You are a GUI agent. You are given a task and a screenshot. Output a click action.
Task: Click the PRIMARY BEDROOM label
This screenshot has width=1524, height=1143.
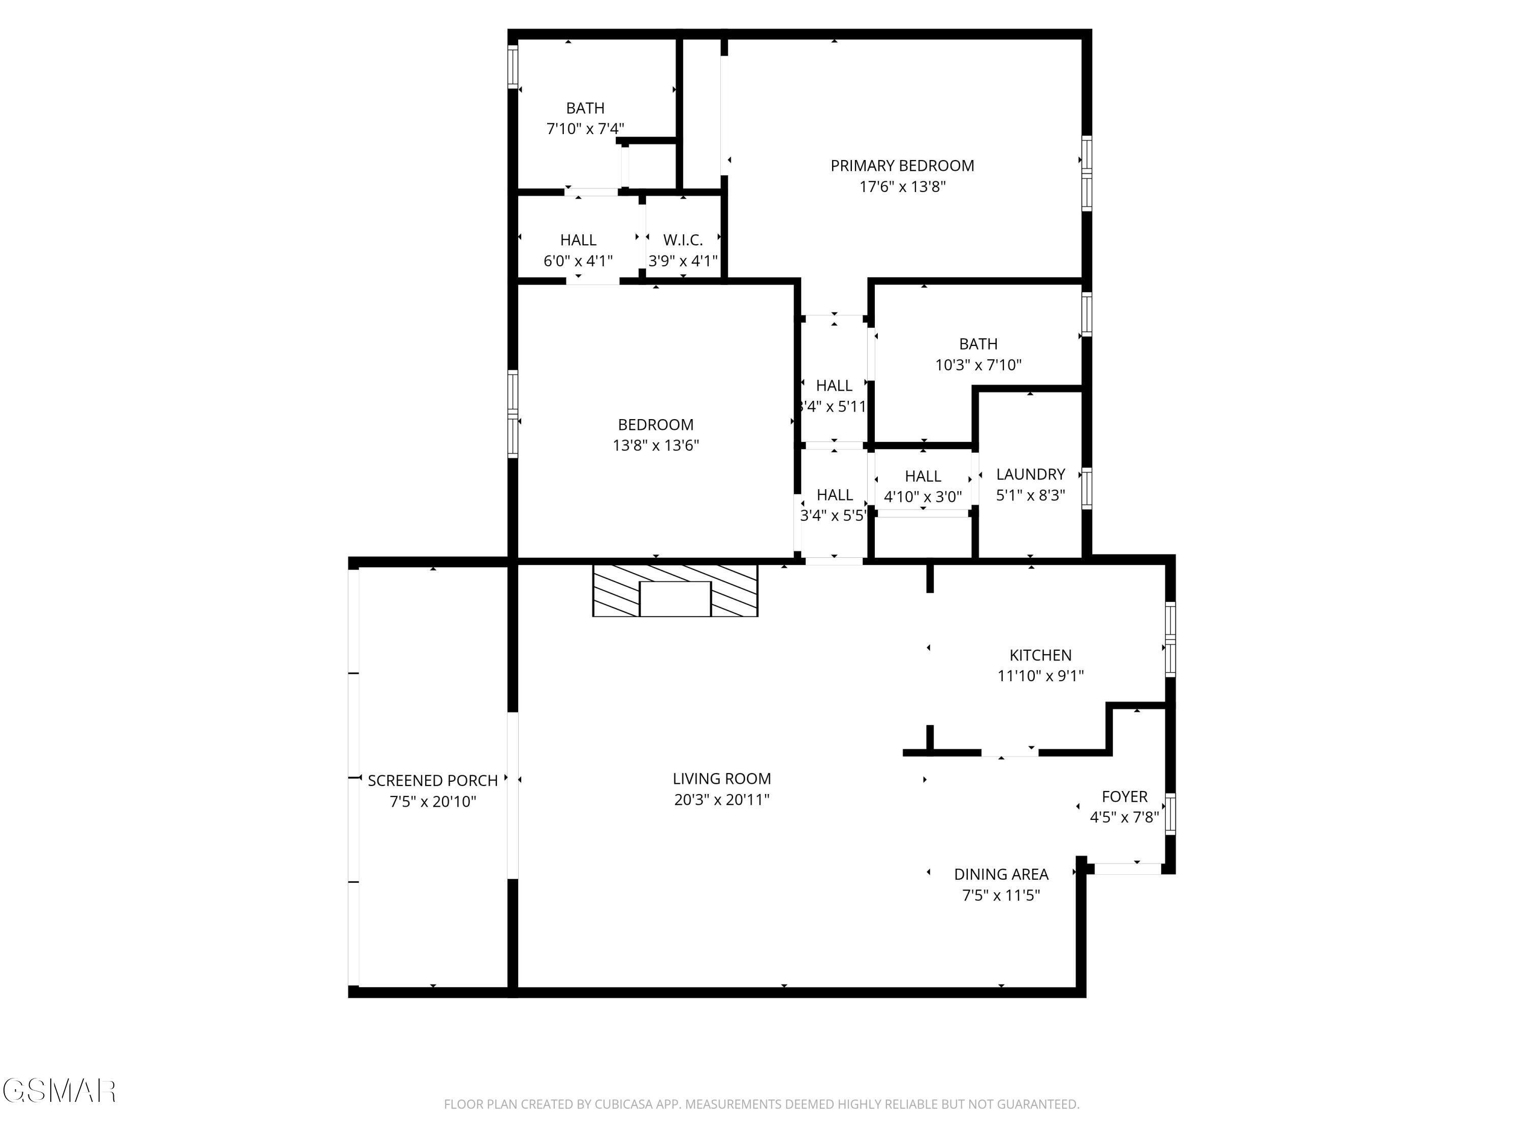pos(902,166)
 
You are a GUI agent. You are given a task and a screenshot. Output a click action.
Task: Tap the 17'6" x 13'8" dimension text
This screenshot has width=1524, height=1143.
pos(902,187)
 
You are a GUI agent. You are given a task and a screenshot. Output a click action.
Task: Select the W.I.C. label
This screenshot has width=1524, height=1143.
pos(683,240)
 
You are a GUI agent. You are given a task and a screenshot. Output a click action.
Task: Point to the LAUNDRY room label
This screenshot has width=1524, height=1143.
pos(1031,474)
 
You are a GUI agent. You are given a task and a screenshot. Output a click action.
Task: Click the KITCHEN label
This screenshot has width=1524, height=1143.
pos(1040,656)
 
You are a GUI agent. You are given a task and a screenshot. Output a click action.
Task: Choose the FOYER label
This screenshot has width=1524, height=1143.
pos(1124,797)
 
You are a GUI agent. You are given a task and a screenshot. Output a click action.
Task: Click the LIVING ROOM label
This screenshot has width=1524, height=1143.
pos(721,779)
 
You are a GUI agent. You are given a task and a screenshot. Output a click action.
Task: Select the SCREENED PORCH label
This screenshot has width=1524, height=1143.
pos(433,781)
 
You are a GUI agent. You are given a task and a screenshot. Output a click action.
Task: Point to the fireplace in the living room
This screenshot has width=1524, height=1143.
pos(675,591)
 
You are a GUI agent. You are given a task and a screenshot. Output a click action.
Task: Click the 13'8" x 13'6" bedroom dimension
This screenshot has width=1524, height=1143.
pos(655,446)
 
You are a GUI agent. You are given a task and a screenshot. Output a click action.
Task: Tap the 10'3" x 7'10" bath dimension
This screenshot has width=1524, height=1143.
pos(978,365)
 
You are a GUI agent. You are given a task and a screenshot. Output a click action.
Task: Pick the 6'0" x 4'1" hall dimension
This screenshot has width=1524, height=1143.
pos(578,261)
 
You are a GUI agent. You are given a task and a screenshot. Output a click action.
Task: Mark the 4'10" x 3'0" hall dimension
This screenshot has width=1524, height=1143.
pos(923,497)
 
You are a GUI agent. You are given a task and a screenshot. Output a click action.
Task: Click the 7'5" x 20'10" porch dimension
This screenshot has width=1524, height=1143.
pos(433,802)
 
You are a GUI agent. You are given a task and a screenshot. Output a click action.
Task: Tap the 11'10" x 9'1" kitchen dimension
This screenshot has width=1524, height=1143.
pos(1040,677)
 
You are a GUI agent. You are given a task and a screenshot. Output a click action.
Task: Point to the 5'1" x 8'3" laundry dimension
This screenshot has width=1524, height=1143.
pos(1031,495)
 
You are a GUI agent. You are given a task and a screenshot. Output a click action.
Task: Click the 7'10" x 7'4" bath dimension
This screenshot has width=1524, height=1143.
pos(585,129)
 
